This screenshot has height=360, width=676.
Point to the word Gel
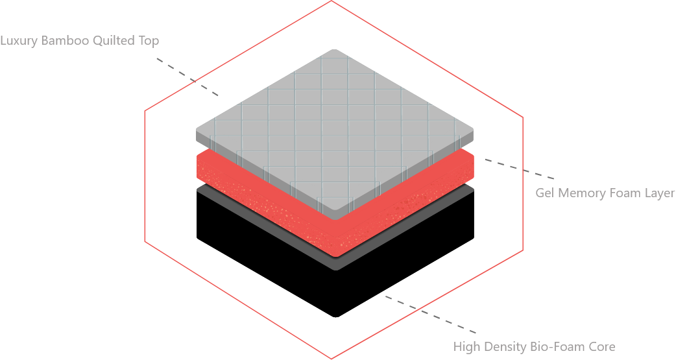[x=544, y=193]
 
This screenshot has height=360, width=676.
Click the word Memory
[x=577, y=193]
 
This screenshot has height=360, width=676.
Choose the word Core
[x=601, y=346]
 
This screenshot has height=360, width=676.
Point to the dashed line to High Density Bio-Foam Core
[x=431, y=315]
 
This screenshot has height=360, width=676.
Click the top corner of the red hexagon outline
[x=332, y=1]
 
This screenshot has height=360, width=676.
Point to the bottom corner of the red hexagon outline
[x=332, y=358]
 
